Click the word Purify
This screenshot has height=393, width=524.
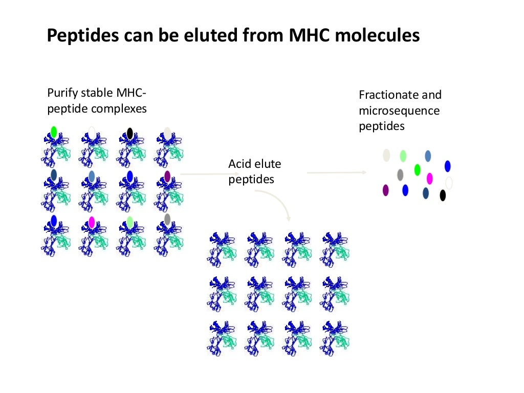pos(61,93)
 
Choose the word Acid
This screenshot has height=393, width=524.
pos(238,164)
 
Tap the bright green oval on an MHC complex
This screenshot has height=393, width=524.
pos(54,132)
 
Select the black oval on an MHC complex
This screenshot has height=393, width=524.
pos(130,134)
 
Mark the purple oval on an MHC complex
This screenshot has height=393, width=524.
pos(167,176)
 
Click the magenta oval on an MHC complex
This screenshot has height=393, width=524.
pos(92,222)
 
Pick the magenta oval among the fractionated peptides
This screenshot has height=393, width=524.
pos(430,178)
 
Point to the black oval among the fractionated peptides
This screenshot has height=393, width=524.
pos(443,195)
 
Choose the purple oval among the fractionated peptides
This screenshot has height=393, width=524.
pos(386,190)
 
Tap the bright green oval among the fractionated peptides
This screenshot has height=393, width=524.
pos(417,169)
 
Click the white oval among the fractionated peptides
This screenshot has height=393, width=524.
pos(449,183)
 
